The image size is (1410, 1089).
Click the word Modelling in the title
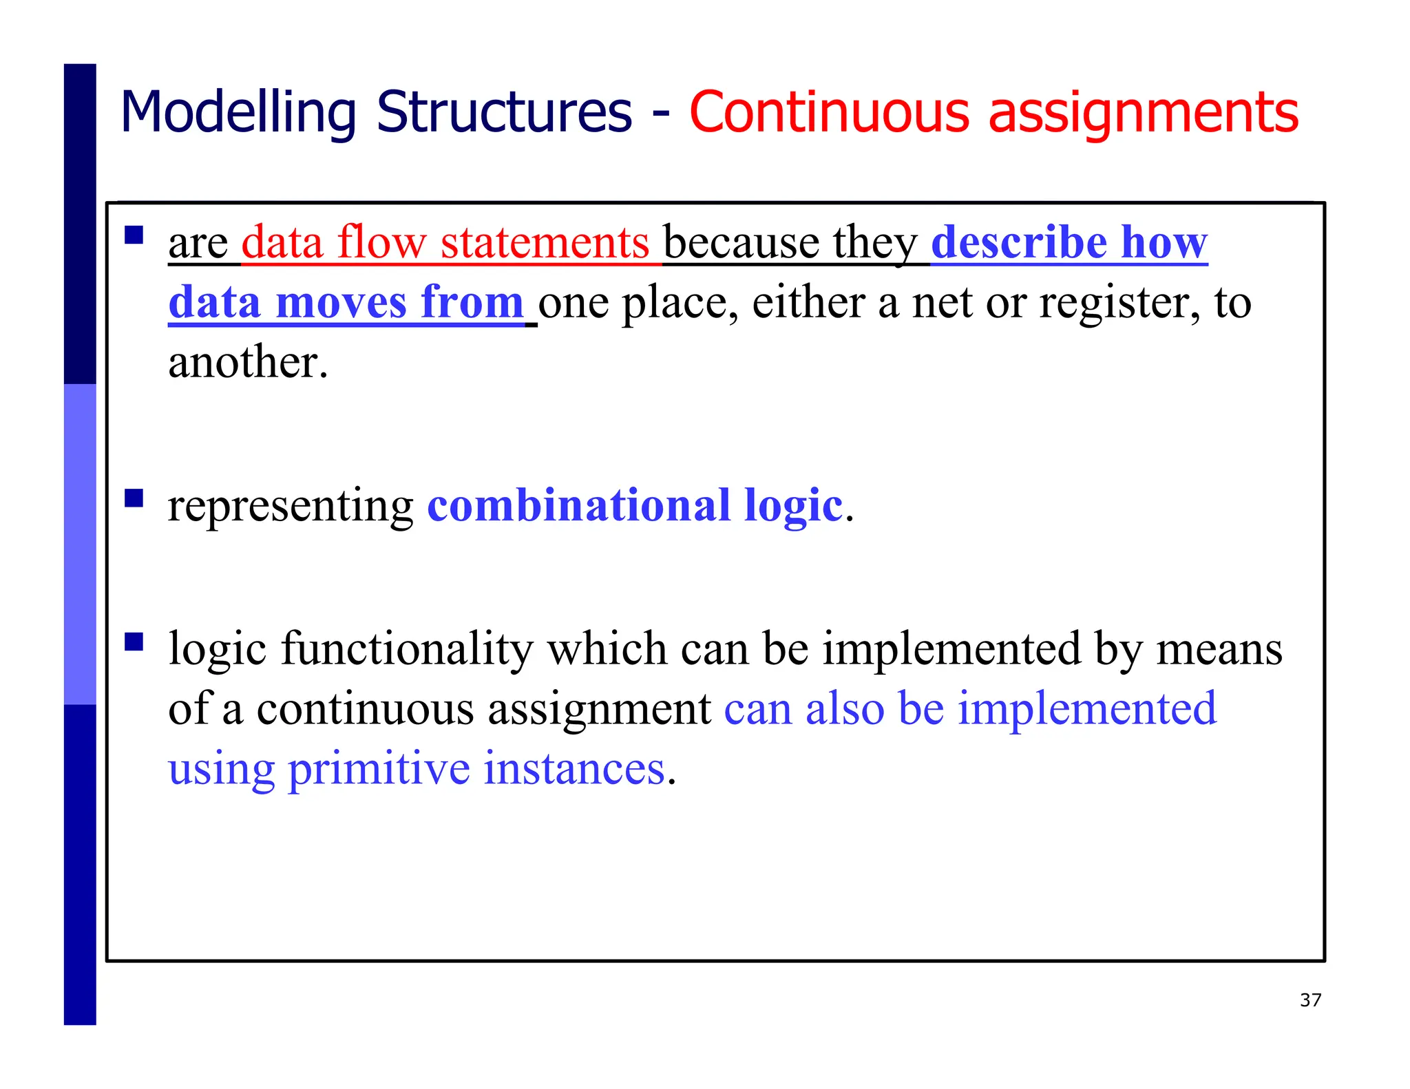point(238,112)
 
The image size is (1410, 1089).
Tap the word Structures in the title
point(503,112)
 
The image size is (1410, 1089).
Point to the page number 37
point(1310,1000)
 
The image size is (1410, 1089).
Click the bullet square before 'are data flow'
point(134,236)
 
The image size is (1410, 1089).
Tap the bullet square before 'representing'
point(134,498)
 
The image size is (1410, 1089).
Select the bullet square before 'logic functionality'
point(134,642)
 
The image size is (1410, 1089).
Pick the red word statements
point(545,242)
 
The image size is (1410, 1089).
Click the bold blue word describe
point(1019,242)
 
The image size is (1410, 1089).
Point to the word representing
point(291,507)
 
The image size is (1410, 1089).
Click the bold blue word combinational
point(578,505)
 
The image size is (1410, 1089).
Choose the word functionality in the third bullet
point(407,649)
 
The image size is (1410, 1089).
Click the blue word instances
point(574,769)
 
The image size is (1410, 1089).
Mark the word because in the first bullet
point(740,242)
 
